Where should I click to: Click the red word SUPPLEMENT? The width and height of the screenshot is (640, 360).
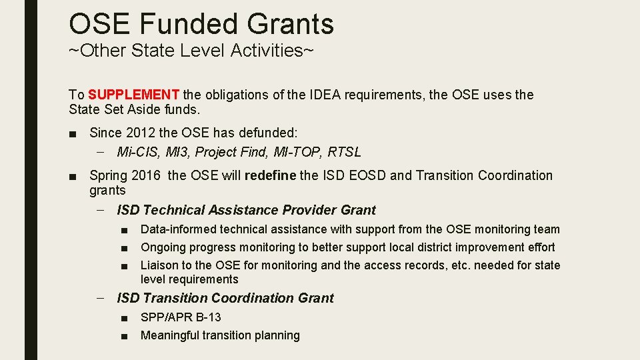click(x=133, y=95)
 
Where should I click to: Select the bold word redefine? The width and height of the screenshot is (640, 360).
click(x=271, y=175)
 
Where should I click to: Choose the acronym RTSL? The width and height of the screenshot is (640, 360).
click(x=345, y=152)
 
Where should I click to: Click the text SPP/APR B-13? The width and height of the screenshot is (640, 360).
click(x=181, y=317)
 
